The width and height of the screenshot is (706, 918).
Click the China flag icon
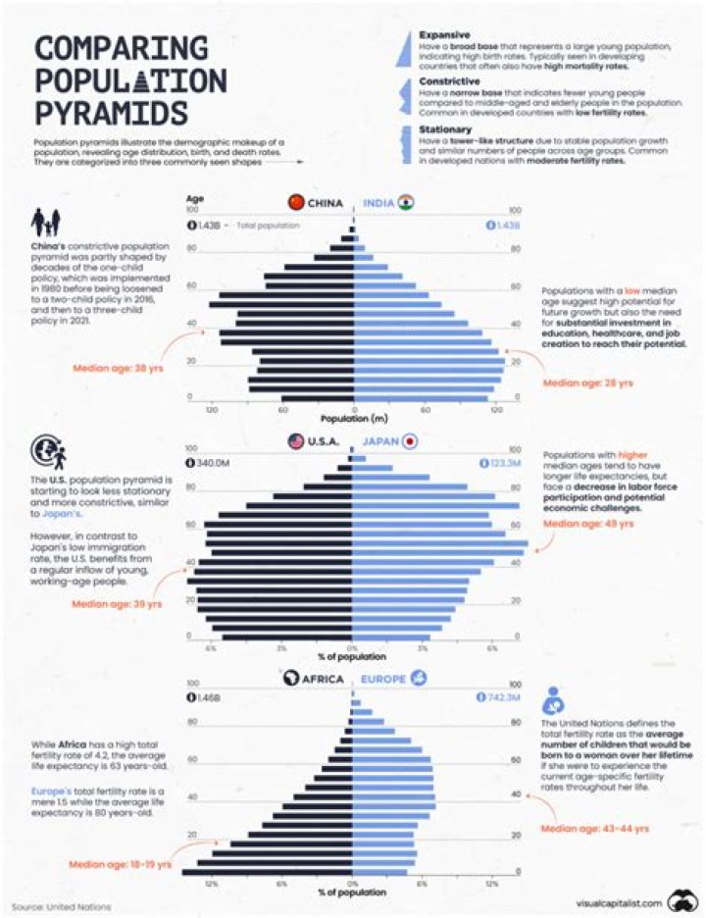tap(295, 203)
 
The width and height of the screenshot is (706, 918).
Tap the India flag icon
tap(406, 203)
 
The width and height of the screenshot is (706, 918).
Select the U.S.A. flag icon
tap(295, 441)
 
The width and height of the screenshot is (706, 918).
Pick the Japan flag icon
tap(410, 441)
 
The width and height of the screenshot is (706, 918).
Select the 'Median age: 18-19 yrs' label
tap(121, 864)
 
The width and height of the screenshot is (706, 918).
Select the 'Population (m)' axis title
tap(353, 417)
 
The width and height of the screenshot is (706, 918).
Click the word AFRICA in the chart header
tap(323, 679)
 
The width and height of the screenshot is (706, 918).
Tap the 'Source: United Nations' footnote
tap(61, 904)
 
